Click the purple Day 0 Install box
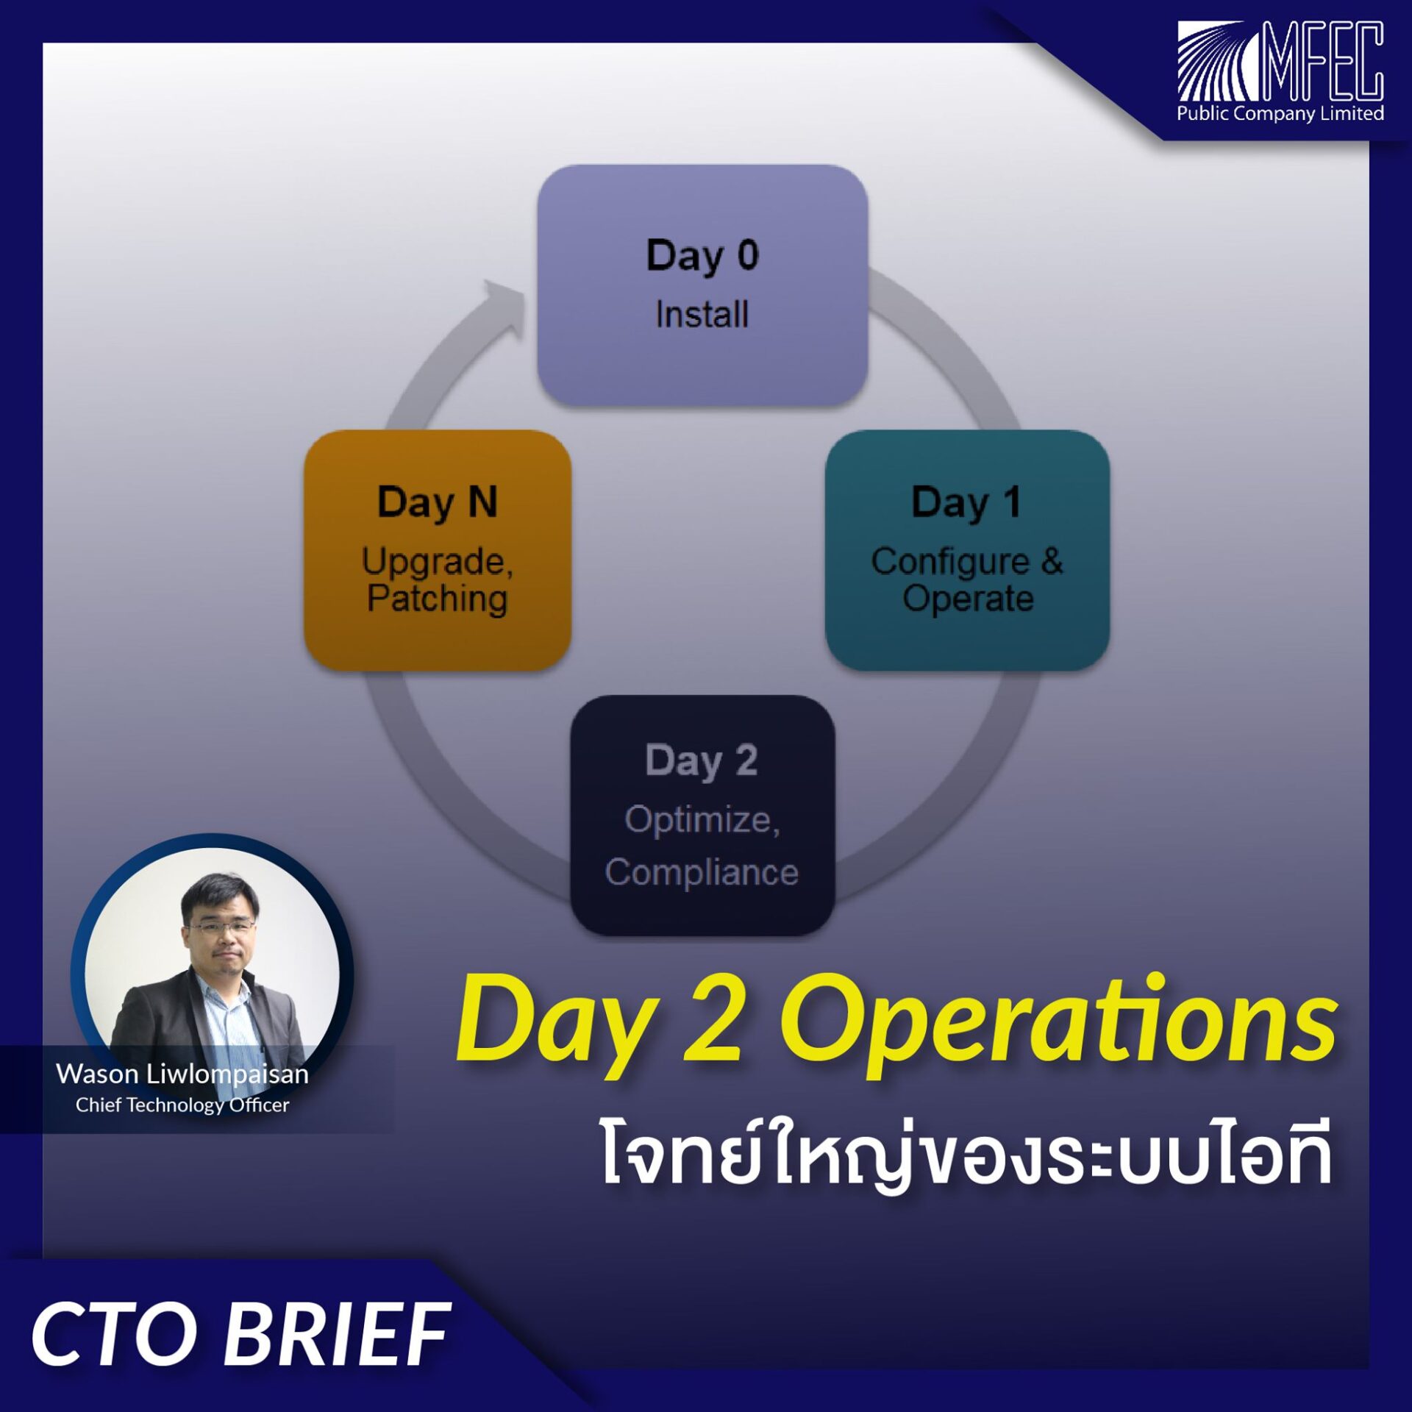[702, 285]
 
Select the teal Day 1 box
[967, 549]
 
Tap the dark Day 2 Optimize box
[702, 815]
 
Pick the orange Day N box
[438, 549]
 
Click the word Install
[702, 315]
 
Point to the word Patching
[438, 599]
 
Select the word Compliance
[702, 873]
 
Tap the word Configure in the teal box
[950, 563]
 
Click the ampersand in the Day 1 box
[1052, 561]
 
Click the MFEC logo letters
[1322, 60]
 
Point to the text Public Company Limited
[1280, 113]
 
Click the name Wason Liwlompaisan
[182, 1074]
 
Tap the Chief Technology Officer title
[182, 1105]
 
